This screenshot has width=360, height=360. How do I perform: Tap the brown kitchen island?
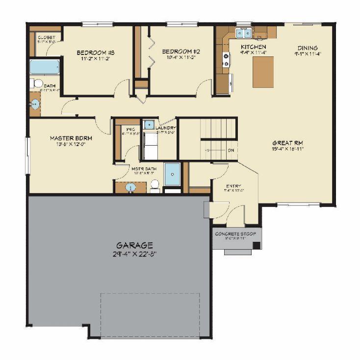tap(263, 72)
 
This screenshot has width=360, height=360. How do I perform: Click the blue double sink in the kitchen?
tap(243, 33)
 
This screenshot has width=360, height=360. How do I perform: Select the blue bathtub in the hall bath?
tap(45, 67)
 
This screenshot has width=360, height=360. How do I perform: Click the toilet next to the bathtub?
tap(36, 84)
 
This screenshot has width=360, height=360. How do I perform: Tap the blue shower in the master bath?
tap(172, 174)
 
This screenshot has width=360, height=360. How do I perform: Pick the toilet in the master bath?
tap(154, 185)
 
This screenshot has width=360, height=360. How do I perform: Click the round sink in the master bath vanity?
tap(131, 187)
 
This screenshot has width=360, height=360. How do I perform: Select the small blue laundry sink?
tap(149, 124)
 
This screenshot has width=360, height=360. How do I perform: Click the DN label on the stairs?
tap(231, 150)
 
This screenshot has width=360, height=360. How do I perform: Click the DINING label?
tap(308, 48)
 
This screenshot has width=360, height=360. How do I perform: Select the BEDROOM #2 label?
tap(181, 51)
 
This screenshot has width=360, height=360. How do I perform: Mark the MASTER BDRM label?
tap(71, 138)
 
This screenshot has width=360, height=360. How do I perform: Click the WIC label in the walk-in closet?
tap(124, 129)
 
